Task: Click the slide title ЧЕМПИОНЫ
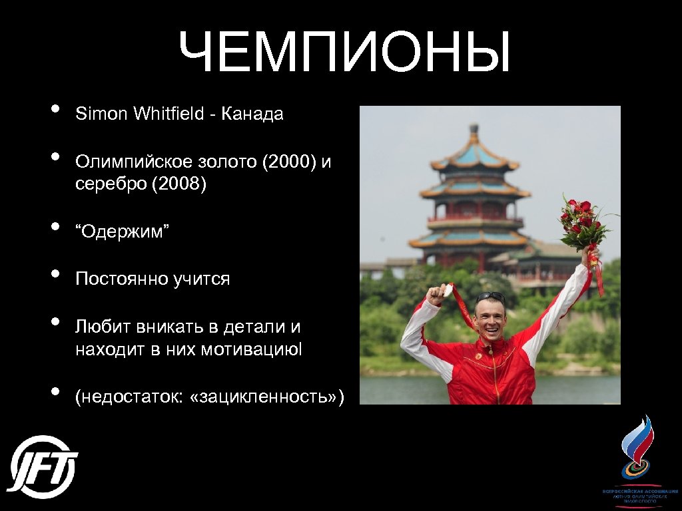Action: click(x=344, y=52)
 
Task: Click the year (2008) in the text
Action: click(x=179, y=184)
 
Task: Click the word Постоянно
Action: click(x=120, y=279)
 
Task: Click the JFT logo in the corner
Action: click(x=43, y=467)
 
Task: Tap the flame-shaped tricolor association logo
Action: click(x=637, y=446)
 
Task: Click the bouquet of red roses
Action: click(x=581, y=220)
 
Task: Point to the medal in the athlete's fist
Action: click(x=448, y=291)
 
